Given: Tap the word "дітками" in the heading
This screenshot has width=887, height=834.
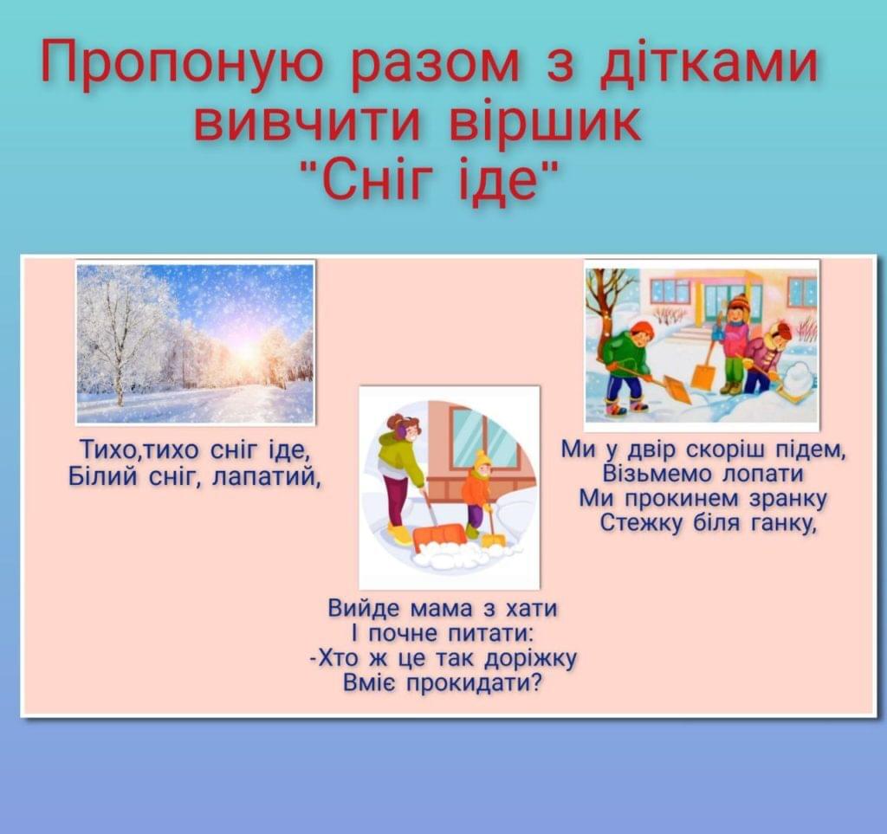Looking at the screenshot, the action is click(709, 61).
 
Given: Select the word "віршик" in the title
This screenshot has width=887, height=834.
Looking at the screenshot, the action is click(545, 124).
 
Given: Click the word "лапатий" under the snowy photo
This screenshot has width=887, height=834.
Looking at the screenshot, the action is click(266, 476).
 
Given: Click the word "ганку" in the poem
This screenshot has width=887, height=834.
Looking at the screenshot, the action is click(784, 523).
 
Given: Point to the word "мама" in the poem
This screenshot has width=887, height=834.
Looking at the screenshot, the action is click(439, 609).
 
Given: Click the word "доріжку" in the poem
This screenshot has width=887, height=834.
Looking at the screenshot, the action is click(531, 659).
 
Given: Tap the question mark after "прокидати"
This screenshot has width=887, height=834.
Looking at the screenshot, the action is click(535, 683).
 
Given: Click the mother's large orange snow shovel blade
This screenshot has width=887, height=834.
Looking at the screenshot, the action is click(438, 535).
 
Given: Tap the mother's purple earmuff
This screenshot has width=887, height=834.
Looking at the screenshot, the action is click(402, 432).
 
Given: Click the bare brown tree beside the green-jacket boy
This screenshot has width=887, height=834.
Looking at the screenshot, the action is click(605, 317).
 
